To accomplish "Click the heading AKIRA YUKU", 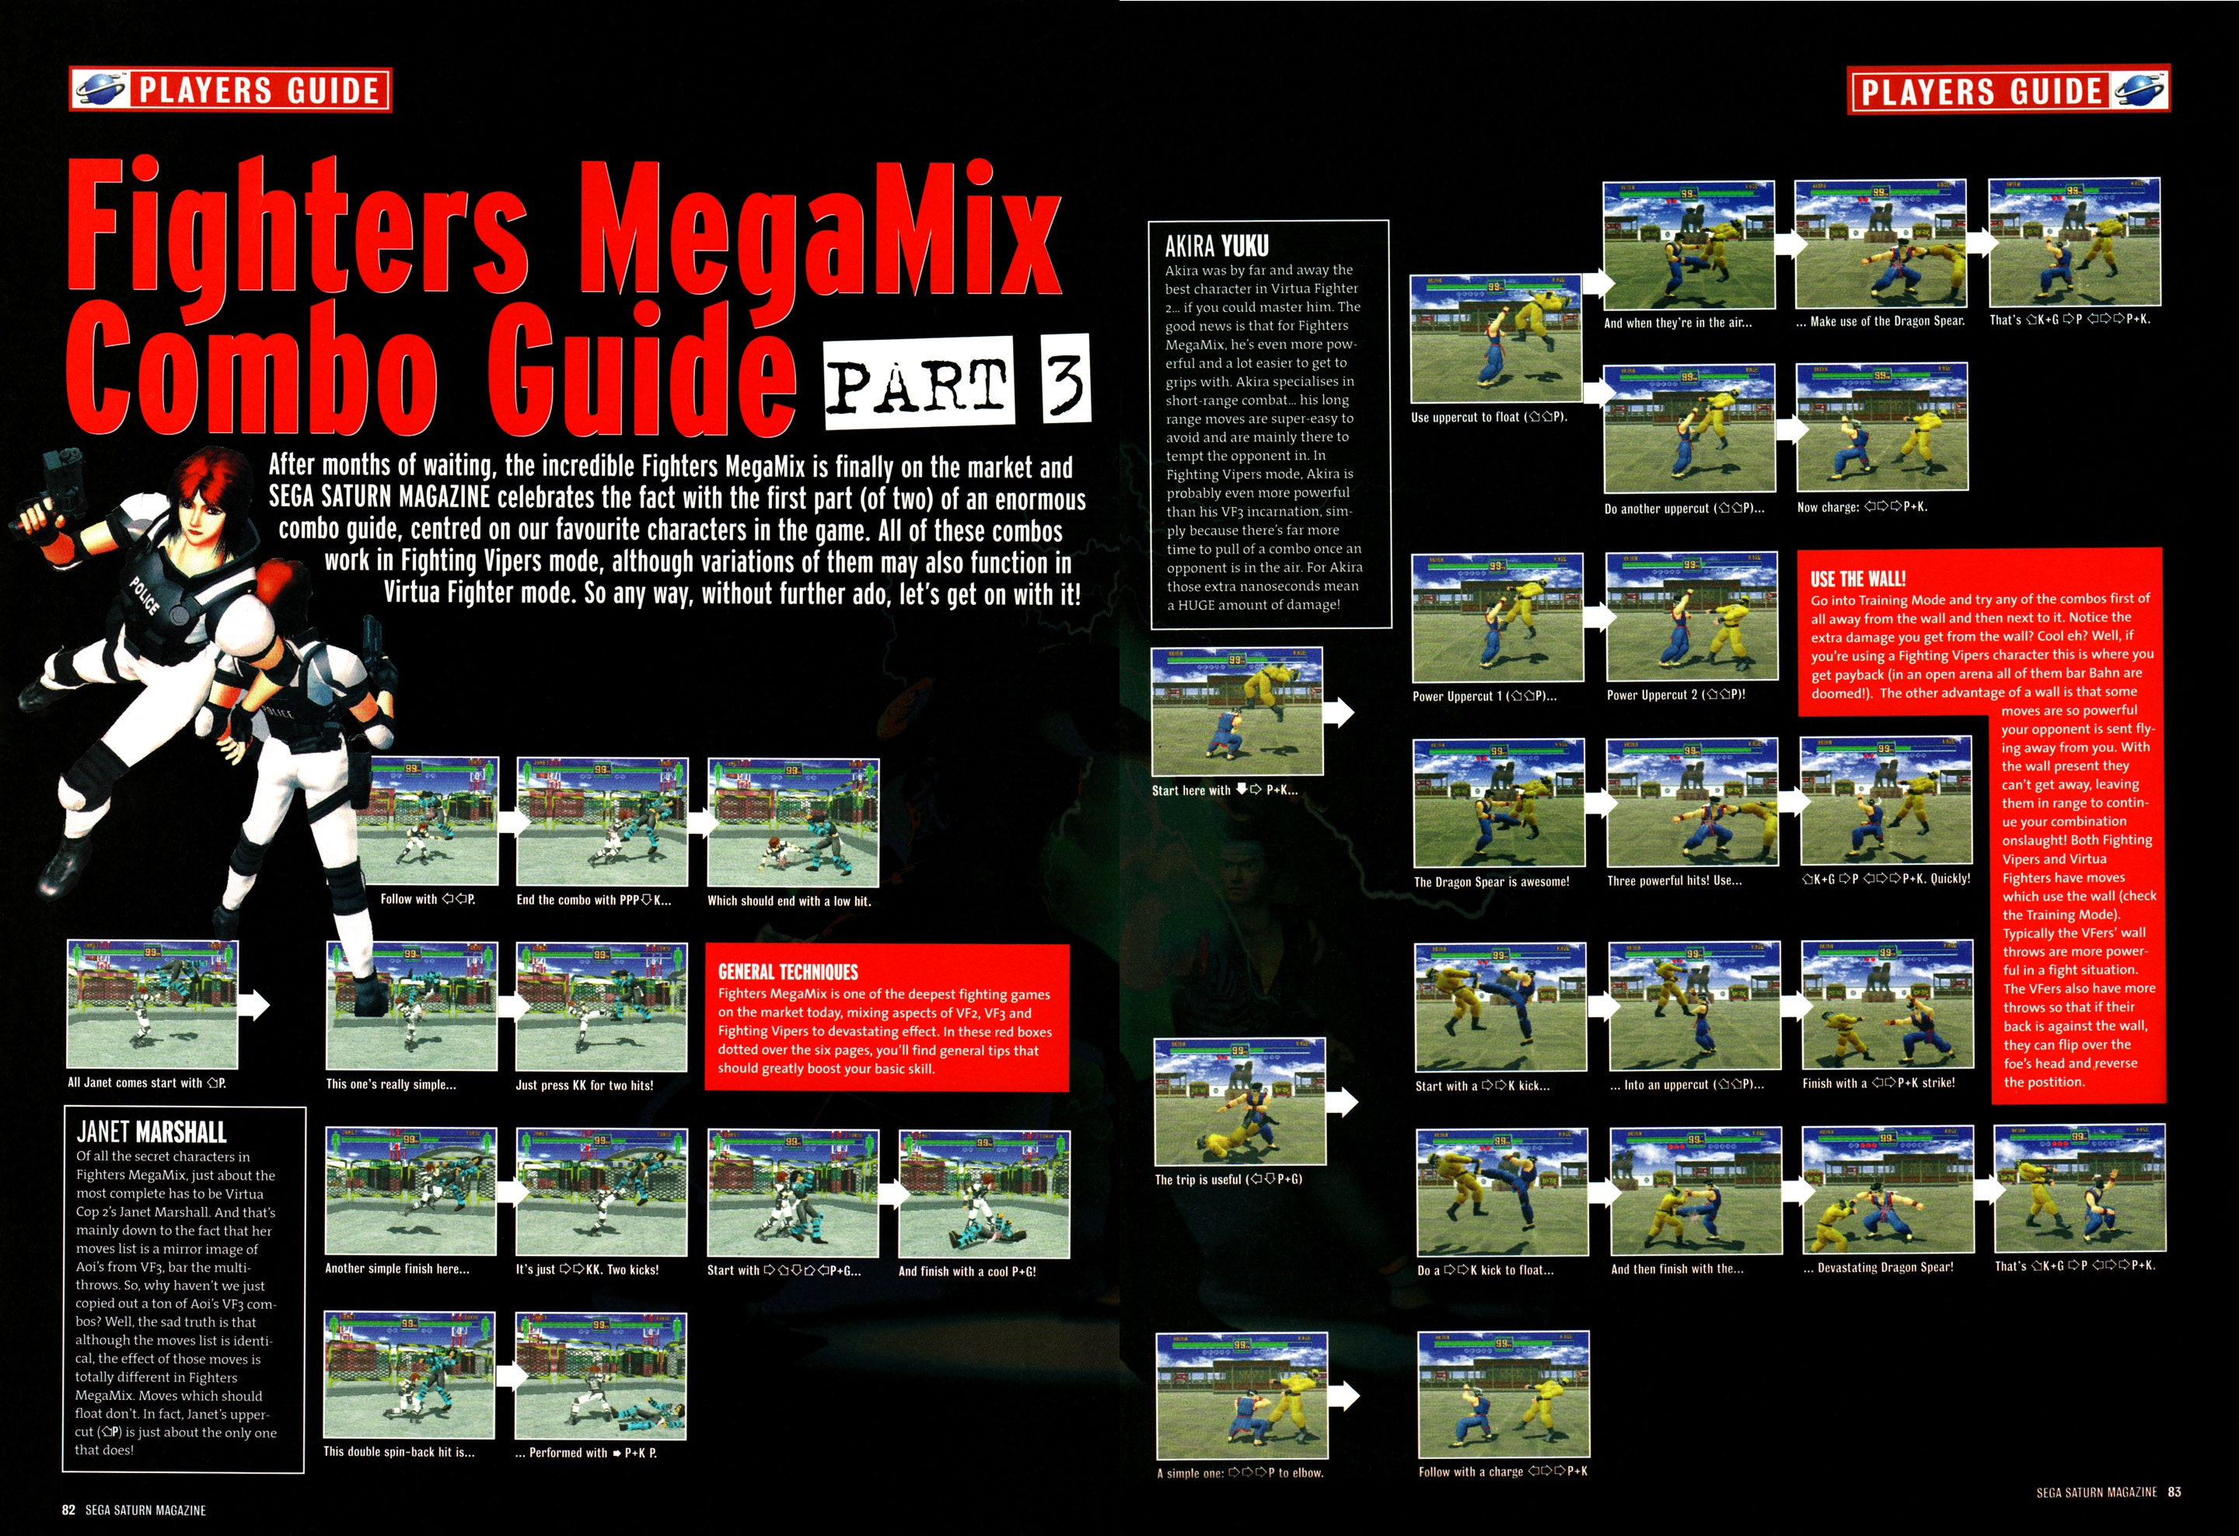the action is (1216, 247).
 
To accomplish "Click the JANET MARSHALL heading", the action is (152, 1132).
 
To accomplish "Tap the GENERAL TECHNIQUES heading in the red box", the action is (787, 971).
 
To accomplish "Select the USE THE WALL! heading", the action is (1857, 578).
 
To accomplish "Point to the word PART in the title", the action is (919, 383).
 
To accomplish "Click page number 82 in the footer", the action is (68, 1510).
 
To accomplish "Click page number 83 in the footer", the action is (2174, 1492).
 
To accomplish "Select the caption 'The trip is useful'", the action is (1228, 1180).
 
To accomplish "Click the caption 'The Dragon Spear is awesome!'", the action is (1491, 882).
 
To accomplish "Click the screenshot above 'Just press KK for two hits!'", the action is (601, 1006).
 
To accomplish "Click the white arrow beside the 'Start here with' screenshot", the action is (1340, 712).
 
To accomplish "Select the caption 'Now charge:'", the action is (1862, 507).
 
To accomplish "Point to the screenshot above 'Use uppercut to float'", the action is (1495, 339).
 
